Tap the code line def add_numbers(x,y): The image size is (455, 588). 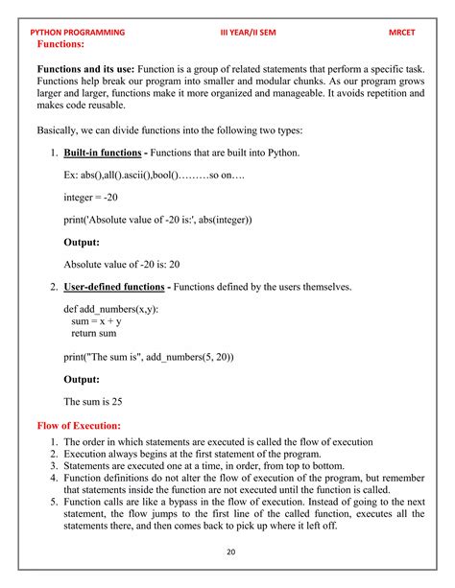click(111, 310)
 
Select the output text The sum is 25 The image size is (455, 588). click(92, 402)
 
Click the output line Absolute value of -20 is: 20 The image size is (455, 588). click(122, 265)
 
